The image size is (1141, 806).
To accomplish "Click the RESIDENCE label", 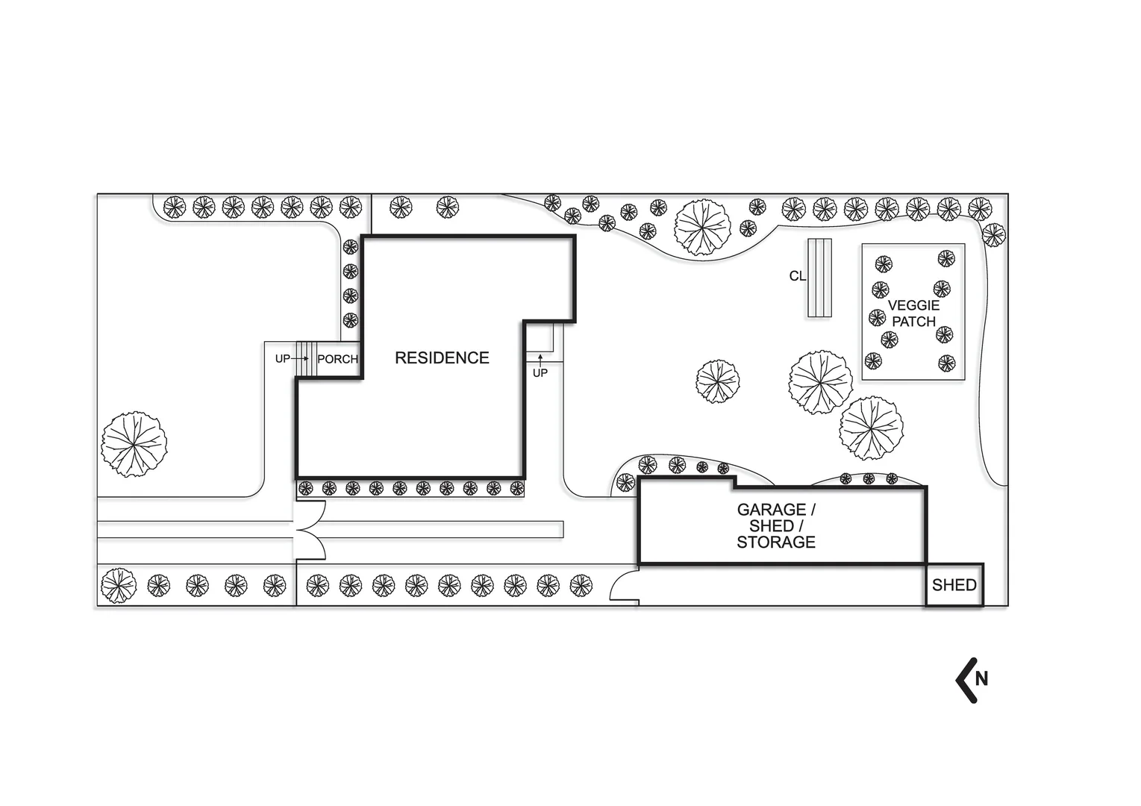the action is click(442, 357).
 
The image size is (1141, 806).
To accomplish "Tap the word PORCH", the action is click(338, 359).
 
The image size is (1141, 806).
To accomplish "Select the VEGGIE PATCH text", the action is click(914, 313).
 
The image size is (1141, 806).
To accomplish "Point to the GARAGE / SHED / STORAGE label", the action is click(776, 526).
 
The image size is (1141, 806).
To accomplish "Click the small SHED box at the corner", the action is click(954, 585).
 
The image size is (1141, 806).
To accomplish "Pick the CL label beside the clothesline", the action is click(797, 276).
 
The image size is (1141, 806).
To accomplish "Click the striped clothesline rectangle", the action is click(819, 278).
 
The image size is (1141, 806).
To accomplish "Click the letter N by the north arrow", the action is click(981, 679).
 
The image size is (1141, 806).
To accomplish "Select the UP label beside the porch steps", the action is click(283, 359).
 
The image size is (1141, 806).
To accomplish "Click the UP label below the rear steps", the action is click(540, 373).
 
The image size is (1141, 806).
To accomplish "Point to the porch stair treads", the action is click(306, 359).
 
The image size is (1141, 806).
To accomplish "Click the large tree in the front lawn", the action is click(134, 444).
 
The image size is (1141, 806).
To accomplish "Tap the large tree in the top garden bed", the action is click(702, 227).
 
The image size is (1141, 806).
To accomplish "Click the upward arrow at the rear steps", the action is click(540, 360).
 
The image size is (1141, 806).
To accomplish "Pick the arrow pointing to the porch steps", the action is click(300, 359).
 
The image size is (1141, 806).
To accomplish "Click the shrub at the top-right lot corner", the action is click(993, 235).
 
